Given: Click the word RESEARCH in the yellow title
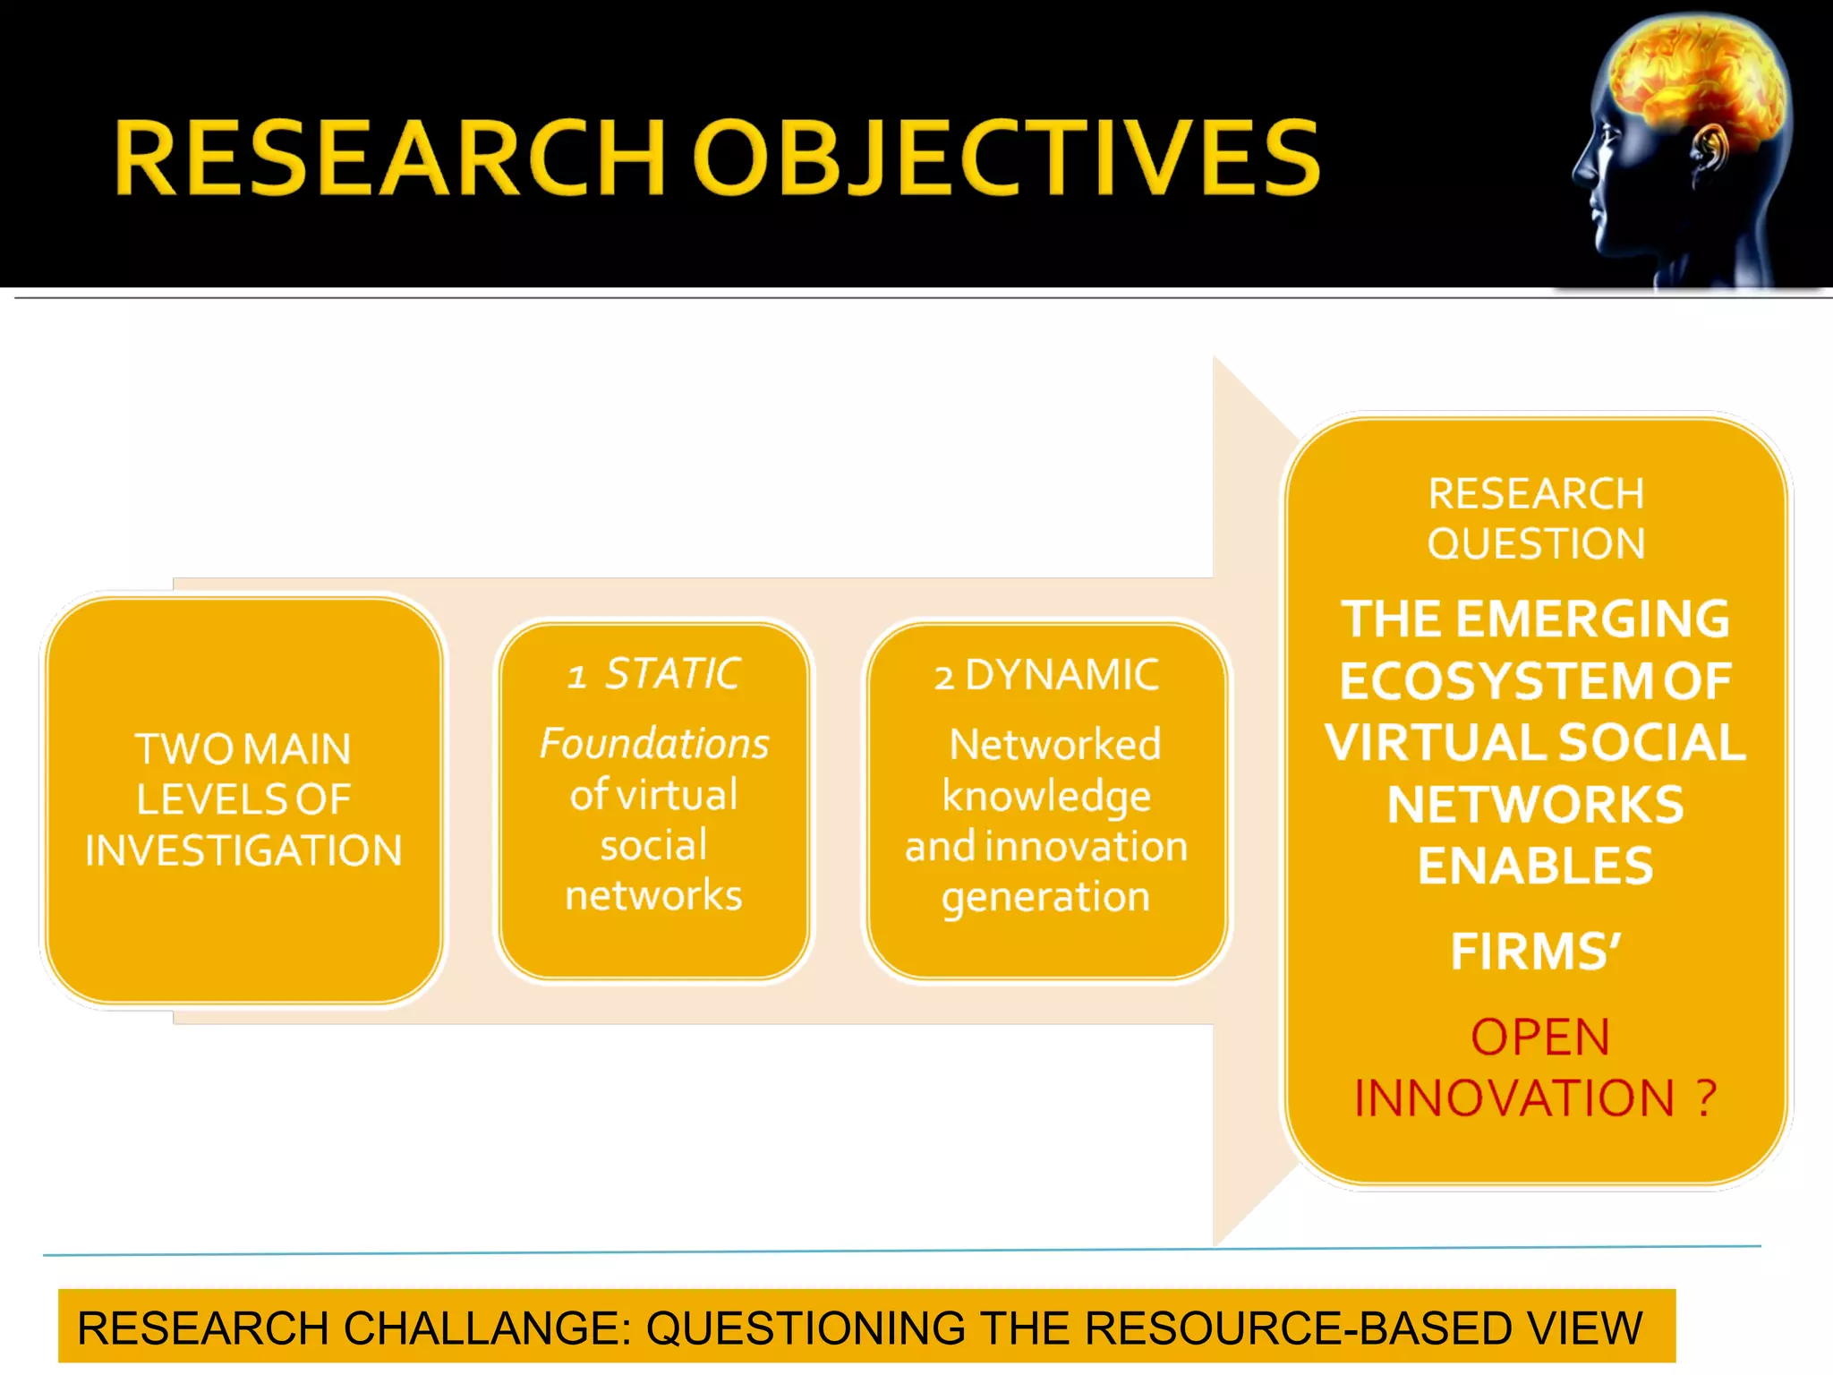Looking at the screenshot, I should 389,158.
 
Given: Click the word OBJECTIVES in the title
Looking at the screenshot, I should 1007,158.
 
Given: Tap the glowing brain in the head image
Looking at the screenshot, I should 1692,81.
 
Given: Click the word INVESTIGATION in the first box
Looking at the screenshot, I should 243,850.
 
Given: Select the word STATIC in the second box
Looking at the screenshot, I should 673,674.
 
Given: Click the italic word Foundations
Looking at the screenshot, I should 654,744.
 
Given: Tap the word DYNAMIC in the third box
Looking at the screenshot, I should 1062,675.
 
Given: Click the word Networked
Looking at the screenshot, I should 1054,745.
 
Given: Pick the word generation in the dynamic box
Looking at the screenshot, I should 1045,897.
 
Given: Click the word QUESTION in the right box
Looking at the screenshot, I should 1536,544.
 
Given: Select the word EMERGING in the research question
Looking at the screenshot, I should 1593,619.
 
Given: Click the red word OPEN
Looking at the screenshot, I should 1540,1038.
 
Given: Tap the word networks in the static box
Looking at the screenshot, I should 653,895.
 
